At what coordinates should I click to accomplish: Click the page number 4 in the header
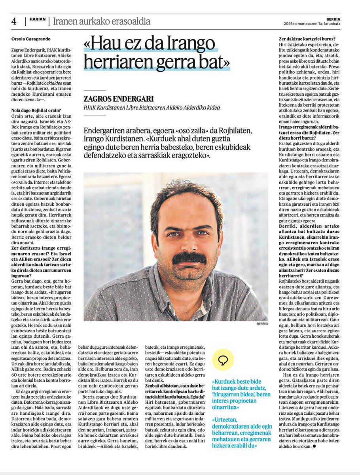click(13, 21)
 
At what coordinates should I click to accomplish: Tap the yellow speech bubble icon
click(223, 360)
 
